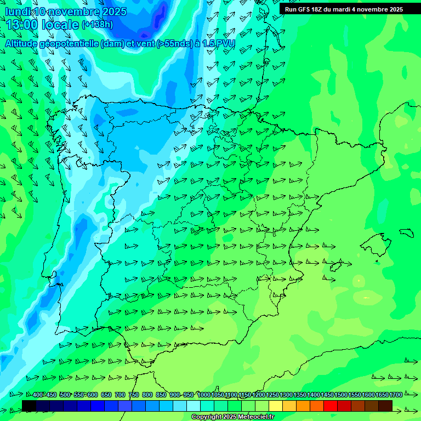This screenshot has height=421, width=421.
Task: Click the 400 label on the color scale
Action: click(x=38, y=395)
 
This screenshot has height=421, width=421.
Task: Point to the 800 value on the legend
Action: click(x=147, y=395)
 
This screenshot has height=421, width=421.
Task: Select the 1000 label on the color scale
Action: click(x=204, y=395)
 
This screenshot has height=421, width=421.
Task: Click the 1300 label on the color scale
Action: click(x=286, y=395)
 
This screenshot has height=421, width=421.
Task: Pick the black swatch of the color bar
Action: click(x=29, y=405)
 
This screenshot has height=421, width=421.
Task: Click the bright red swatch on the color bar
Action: click(x=330, y=405)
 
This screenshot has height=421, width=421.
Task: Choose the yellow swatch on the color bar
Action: click(x=275, y=405)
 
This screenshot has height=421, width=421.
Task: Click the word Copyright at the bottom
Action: click(x=208, y=417)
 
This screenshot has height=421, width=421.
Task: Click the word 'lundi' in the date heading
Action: click(x=17, y=12)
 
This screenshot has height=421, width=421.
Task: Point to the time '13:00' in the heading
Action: click(x=22, y=24)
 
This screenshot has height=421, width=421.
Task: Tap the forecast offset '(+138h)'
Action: click(x=97, y=25)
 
